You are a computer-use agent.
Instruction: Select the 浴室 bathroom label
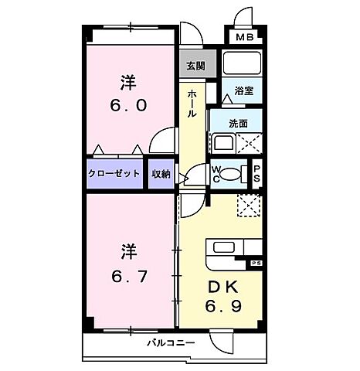tap(244, 91)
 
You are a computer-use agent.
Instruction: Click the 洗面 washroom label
tap(238, 123)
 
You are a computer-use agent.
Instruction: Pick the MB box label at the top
tap(243, 36)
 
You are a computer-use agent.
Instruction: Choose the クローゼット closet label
tap(114, 174)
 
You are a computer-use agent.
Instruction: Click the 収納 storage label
tap(160, 174)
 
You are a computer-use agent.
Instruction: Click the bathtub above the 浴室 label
tap(243, 64)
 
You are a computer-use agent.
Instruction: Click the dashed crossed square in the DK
tap(250, 207)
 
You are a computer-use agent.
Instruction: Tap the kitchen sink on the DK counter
tap(225, 249)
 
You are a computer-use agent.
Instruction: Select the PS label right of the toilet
tap(257, 174)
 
